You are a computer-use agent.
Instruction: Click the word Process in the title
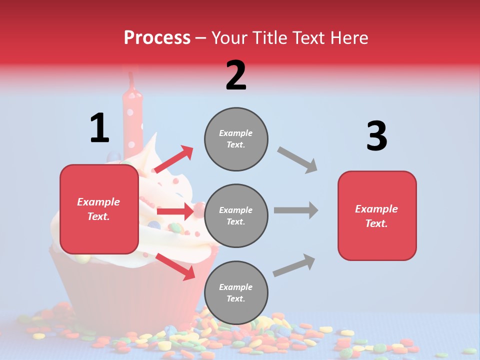pyautogui.click(x=157, y=38)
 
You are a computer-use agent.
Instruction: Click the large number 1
pyautogui.click(x=99, y=128)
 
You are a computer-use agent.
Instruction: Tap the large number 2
pyautogui.click(x=236, y=75)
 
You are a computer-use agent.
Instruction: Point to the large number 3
pyautogui.click(x=376, y=136)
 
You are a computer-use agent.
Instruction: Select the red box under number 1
pyautogui.click(x=99, y=209)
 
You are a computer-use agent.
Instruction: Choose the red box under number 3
pyautogui.click(x=377, y=216)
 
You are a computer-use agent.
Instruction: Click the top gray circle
pyautogui.click(x=236, y=139)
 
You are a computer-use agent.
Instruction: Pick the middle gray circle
pyautogui.click(x=236, y=216)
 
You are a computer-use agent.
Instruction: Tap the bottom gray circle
pyautogui.click(x=236, y=293)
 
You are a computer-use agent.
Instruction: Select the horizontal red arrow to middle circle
pyautogui.click(x=175, y=211)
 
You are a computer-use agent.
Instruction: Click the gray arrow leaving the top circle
pyautogui.click(x=297, y=160)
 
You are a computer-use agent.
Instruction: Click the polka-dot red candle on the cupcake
pyautogui.click(x=133, y=115)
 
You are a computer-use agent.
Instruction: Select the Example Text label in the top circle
pyautogui.click(x=236, y=139)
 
